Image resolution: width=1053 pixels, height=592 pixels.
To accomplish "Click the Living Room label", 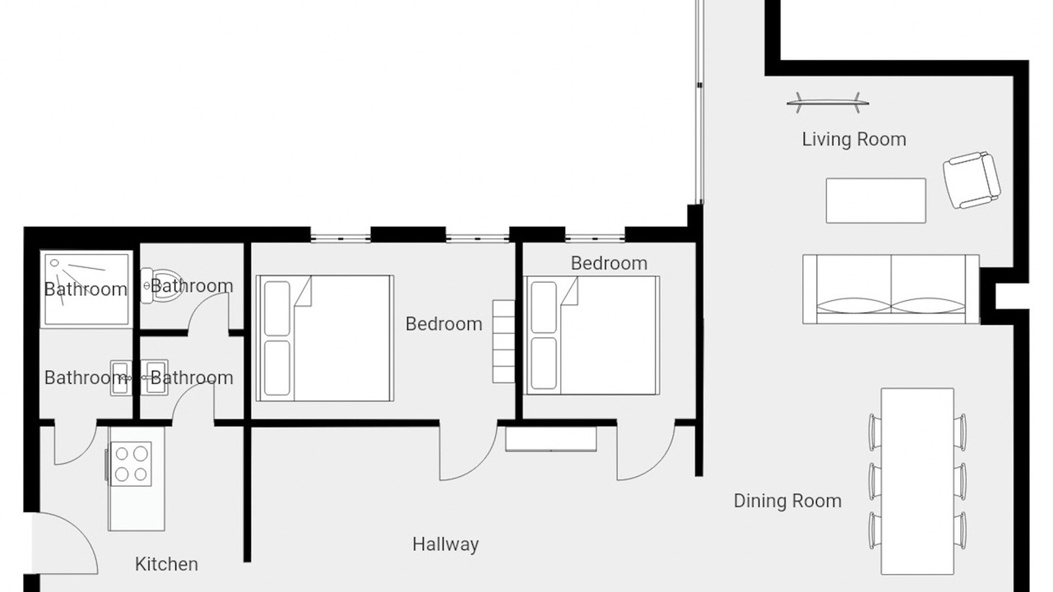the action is pos(854,140).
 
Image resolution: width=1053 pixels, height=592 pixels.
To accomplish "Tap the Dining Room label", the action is pos(787,501).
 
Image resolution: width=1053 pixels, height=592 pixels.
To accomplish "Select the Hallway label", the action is pos(446,544).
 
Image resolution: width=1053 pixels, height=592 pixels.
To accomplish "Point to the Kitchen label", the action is pos(166,564).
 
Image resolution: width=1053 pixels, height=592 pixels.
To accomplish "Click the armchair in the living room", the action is pos(972,180).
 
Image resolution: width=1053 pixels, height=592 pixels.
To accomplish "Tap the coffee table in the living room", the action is pos(876,201).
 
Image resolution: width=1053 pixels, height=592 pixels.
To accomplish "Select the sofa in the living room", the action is pos(891,289).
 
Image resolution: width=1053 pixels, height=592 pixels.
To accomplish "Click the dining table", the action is pos(917,481).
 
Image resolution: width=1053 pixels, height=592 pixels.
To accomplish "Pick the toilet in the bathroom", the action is pos(161,285).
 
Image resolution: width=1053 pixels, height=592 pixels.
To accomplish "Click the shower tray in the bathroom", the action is pos(86,289).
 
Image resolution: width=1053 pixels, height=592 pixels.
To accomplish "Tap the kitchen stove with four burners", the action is pos(131,464).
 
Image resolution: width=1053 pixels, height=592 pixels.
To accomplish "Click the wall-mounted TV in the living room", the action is pos(828,103).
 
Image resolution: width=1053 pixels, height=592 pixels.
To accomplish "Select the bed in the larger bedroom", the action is pos(325,338).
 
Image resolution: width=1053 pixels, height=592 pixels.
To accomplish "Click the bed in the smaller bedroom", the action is pos(592,335).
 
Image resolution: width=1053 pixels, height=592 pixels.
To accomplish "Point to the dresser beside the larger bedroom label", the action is pos(503,341).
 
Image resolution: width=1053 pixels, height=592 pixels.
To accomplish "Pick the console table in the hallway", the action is pos(551,439).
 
